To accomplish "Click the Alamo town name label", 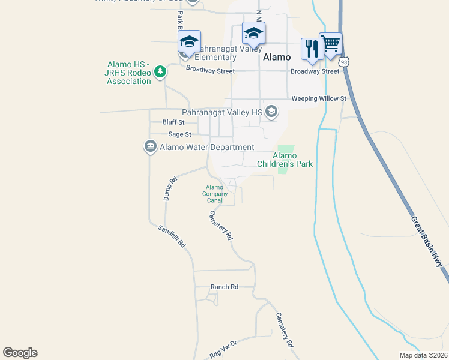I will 277,57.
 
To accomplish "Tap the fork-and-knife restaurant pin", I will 312,49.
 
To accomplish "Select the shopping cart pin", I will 330,44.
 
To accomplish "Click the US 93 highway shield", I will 344,62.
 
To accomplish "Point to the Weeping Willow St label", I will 319,98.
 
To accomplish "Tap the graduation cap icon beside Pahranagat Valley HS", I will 271,111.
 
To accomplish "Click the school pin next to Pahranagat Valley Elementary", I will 189,43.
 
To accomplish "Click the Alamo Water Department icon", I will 150,146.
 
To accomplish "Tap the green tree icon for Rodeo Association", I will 160,72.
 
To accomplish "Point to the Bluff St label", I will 173,122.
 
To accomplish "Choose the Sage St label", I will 179,134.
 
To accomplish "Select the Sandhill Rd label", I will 172,236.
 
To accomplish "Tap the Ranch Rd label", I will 224,287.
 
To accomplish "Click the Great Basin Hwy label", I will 427,242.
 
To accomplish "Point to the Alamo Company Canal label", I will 215,194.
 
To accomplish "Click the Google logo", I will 20,353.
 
